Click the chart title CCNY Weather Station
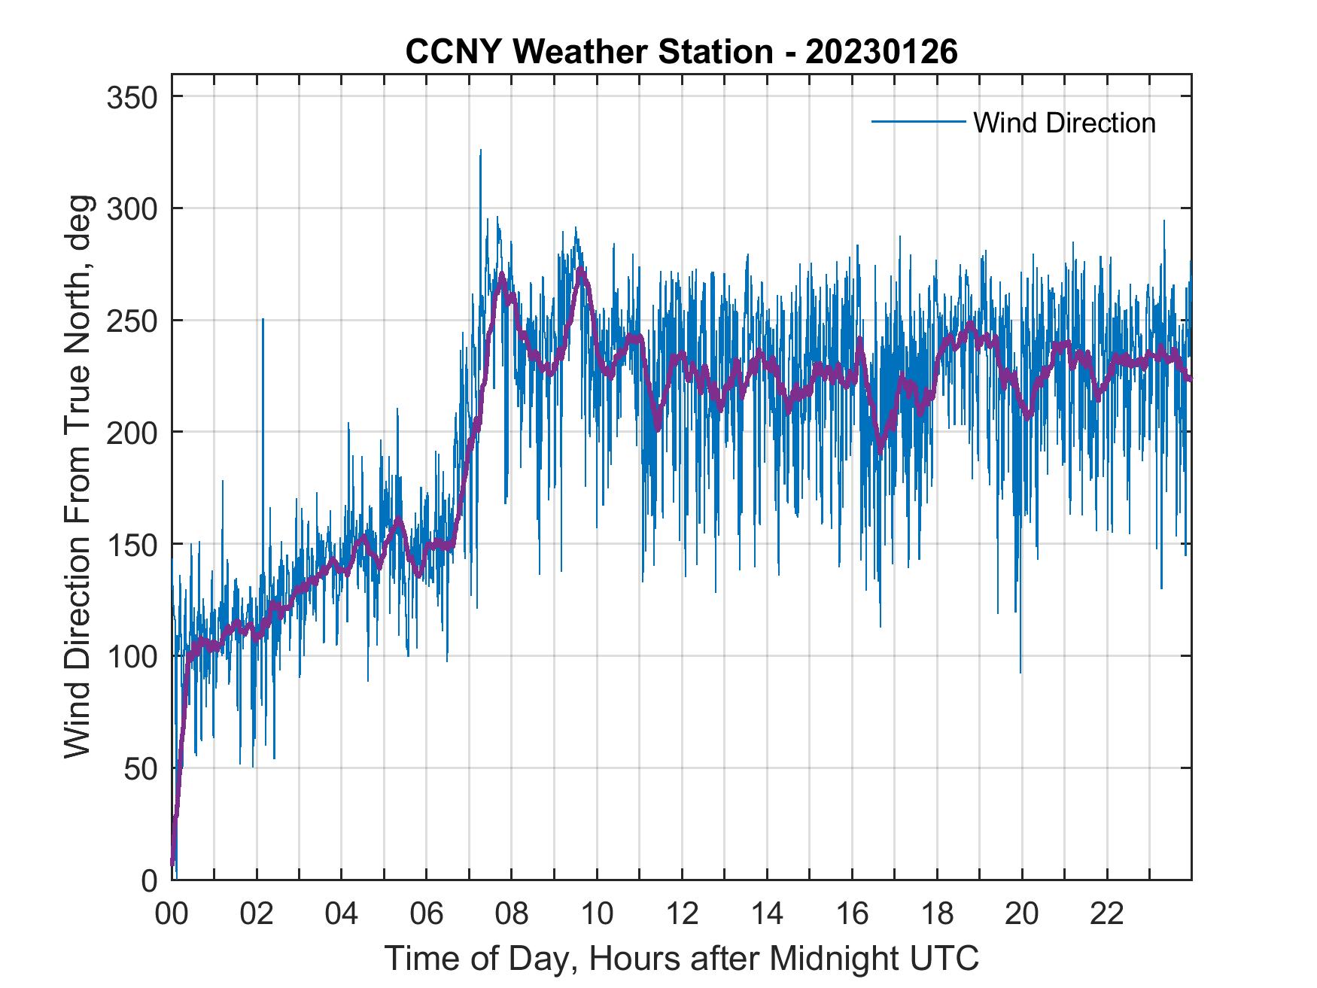click(x=589, y=52)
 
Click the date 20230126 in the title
click(x=881, y=52)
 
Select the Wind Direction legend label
click(x=1064, y=123)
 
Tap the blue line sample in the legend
click(x=918, y=122)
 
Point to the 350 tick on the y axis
click(x=131, y=97)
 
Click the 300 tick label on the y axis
click(x=131, y=209)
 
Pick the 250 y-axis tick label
click(x=131, y=321)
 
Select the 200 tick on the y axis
click(x=131, y=433)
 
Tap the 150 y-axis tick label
click(x=131, y=545)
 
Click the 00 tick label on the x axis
click(x=172, y=915)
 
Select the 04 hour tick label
click(x=342, y=915)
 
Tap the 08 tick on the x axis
click(x=512, y=915)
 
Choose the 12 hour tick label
click(x=682, y=915)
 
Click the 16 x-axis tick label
click(x=852, y=915)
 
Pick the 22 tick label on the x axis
click(x=1107, y=915)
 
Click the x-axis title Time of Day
click(x=682, y=959)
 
